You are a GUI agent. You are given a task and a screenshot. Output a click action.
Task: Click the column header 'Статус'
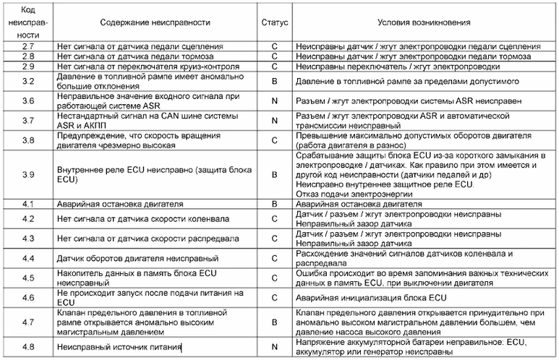click(274, 23)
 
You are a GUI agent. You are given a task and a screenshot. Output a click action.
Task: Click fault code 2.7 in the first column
click(28, 46)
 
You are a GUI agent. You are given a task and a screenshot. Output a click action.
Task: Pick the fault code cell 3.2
click(28, 80)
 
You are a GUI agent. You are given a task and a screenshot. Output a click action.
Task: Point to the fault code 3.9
click(28, 174)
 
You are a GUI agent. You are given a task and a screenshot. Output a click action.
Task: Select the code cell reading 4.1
click(28, 204)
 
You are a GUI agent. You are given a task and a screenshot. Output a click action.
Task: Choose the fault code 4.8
click(28, 348)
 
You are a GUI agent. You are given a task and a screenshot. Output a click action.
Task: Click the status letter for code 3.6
click(274, 100)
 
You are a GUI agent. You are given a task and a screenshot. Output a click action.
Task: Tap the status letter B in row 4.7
click(274, 322)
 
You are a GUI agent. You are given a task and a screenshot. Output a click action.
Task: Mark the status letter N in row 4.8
click(274, 348)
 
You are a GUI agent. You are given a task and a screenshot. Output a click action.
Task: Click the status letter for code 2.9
click(274, 66)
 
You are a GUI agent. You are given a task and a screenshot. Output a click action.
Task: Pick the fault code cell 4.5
click(28, 278)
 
